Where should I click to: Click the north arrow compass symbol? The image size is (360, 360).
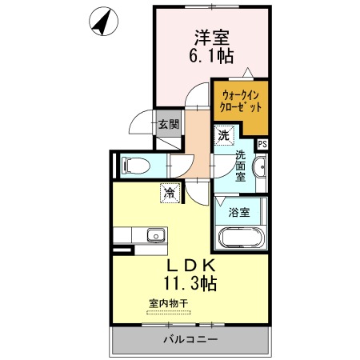[103, 22]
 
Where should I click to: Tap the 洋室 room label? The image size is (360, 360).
[212, 38]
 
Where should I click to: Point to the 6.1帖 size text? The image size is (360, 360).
[211, 56]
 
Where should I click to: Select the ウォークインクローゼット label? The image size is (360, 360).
[241, 101]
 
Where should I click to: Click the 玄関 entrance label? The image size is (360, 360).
[169, 124]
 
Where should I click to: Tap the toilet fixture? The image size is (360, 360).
[135, 166]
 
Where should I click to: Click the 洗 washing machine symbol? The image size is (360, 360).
[224, 135]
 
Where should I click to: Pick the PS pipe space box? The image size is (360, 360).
[262, 144]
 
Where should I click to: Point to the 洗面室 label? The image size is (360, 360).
[240, 166]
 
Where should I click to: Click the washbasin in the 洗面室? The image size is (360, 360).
[260, 167]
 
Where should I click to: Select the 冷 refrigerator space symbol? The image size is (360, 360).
[170, 194]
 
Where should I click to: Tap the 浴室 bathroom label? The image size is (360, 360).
[239, 212]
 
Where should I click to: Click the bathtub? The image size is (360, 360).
[242, 238]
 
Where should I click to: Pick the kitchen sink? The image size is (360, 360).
[156, 235]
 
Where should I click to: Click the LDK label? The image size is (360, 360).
[190, 266]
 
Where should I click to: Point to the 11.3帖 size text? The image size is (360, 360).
[190, 283]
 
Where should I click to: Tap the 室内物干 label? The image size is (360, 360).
[169, 303]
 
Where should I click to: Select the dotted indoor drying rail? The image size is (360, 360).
[169, 312]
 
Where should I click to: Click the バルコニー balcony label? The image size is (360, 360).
[190, 340]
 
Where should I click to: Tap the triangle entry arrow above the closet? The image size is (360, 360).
[248, 73]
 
